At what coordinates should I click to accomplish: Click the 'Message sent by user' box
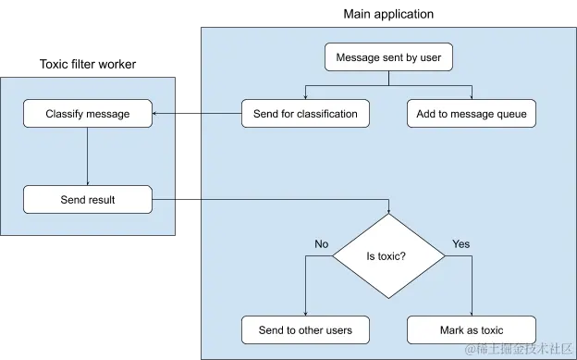tap(388, 57)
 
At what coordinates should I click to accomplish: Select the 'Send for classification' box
tap(305, 114)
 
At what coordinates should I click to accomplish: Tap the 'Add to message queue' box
tap(472, 114)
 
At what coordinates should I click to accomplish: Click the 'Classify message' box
tap(88, 114)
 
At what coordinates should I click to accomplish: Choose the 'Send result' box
tap(88, 199)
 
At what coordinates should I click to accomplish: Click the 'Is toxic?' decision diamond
tap(388, 256)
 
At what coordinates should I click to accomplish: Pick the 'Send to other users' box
tap(305, 329)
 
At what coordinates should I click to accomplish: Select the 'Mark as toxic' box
tap(472, 329)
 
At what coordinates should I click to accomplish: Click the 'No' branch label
tap(321, 244)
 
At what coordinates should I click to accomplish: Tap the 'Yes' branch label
tap(460, 244)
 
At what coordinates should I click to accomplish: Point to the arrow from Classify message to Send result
tap(88, 157)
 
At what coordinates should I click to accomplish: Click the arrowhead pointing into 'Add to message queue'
tap(472, 95)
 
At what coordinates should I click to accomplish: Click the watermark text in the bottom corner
tap(519, 349)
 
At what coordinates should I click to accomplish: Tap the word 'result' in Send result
tap(102, 199)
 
